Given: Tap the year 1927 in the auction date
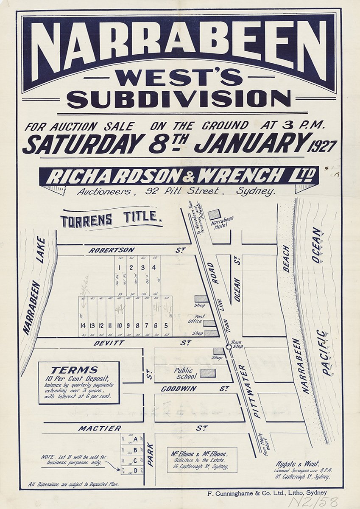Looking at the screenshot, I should [x=323, y=146].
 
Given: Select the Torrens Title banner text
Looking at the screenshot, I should [x=112, y=220].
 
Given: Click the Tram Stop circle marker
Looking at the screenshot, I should [x=229, y=347].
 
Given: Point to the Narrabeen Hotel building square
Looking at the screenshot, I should [x=215, y=214].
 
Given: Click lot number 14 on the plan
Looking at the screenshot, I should [x=83, y=326].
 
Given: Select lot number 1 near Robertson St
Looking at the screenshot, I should [x=120, y=267].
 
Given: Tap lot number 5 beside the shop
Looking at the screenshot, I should [x=166, y=326].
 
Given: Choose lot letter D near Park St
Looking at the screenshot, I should [x=135, y=470].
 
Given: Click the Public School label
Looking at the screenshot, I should [x=186, y=373].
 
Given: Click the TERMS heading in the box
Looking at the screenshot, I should [x=74, y=370].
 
